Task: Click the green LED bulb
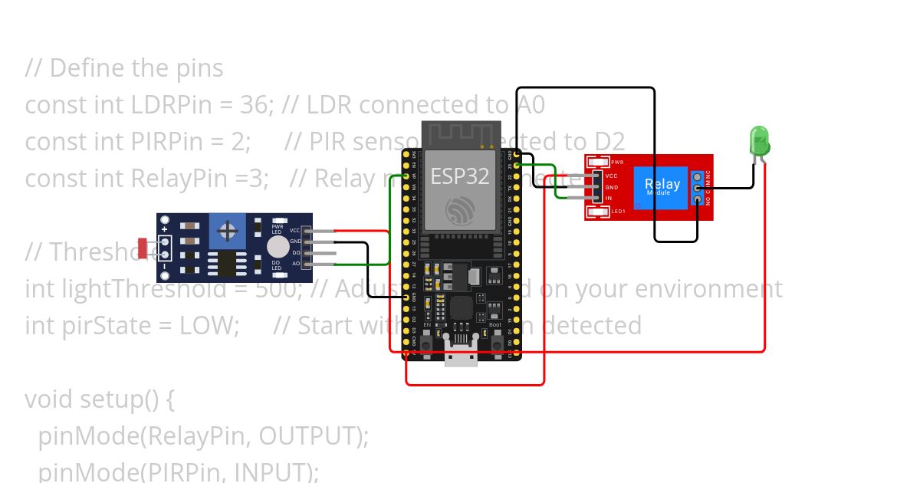[759, 141]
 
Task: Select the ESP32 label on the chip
[458, 176]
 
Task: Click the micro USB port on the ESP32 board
[460, 354]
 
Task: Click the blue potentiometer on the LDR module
[226, 231]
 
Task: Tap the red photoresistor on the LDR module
[143, 248]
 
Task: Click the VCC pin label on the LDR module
[295, 230]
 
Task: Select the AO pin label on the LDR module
[295, 264]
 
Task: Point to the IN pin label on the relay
[609, 199]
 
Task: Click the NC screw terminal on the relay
[697, 176]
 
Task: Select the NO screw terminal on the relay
[697, 199]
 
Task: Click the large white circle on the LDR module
[278, 247]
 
